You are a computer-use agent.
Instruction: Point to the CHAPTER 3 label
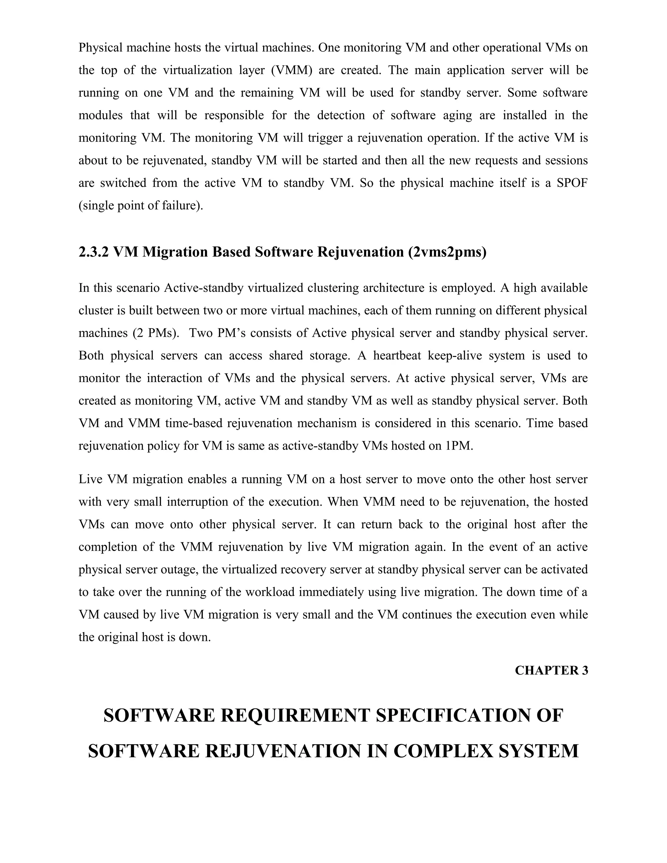click(551, 670)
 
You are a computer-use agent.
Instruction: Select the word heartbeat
click(396, 355)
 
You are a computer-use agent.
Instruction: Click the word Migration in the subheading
click(175, 252)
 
